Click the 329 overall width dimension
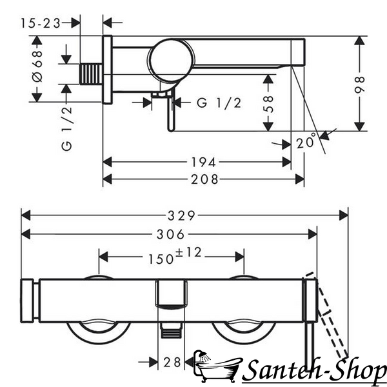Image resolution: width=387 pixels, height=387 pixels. [x=181, y=215]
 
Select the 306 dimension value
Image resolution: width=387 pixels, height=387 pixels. [x=170, y=234]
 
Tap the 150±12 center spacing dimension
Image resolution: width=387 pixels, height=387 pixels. [x=175, y=256]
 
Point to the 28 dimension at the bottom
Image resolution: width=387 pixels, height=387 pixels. [x=172, y=362]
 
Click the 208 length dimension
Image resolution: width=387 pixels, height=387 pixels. [x=204, y=179]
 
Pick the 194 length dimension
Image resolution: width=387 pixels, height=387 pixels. [x=204, y=163]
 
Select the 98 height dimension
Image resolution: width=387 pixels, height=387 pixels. [x=359, y=84]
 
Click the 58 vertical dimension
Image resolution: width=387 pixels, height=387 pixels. [x=268, y=104]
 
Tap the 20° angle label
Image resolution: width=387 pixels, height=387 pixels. [x=306, y=141]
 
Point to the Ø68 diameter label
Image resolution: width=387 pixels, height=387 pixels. [x=37, y=66]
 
